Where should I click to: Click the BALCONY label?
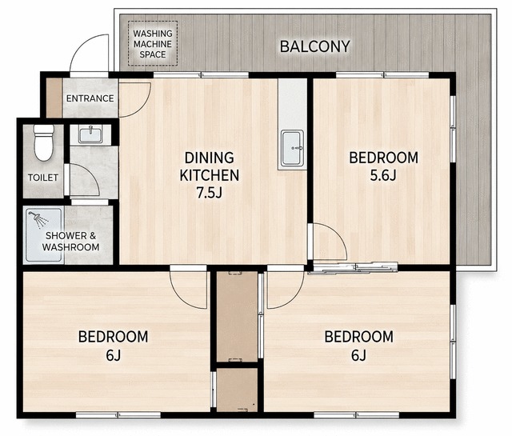[x=314, y=46]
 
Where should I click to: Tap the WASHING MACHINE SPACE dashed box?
[x=153, y=43]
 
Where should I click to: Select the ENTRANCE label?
[x=90, y=98]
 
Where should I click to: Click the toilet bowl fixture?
[x=44, y=142]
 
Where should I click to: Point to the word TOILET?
[x=42, y=178]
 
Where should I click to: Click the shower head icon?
[x=38, y=219]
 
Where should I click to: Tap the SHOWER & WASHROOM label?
[x=70, y=241]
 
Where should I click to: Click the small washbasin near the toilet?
[x=90, y=134]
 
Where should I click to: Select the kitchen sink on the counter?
[x=293, y=148]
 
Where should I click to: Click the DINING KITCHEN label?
[x=210, y=166]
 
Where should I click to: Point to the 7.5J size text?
[x=209, y=193]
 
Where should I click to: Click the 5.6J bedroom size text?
[x=383, y=176]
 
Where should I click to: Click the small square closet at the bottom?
[x=237, y=390]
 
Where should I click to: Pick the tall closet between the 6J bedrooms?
[x=237, y=317]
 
